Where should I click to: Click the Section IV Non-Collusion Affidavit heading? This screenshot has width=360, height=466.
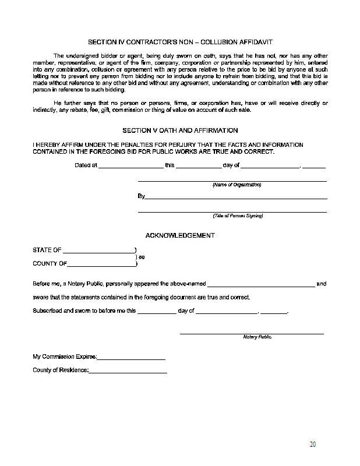click(179, 42)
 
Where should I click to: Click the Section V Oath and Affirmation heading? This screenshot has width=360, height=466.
click(179, 130)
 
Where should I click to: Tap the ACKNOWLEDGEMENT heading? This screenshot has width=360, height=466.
click(179, 235)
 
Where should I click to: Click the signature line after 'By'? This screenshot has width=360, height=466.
click(235, 197)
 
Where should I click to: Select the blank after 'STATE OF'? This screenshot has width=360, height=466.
click(98, 251)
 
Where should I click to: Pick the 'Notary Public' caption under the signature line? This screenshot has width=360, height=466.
click(257, 337)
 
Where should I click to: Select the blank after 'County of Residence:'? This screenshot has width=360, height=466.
click(128, 371)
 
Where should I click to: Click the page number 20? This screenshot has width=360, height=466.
click(313, 444)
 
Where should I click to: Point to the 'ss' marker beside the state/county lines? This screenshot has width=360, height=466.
click(141, 257)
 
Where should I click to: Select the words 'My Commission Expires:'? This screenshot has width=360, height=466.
click(65, 356)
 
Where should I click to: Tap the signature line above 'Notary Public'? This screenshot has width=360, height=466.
click(252, 333)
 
